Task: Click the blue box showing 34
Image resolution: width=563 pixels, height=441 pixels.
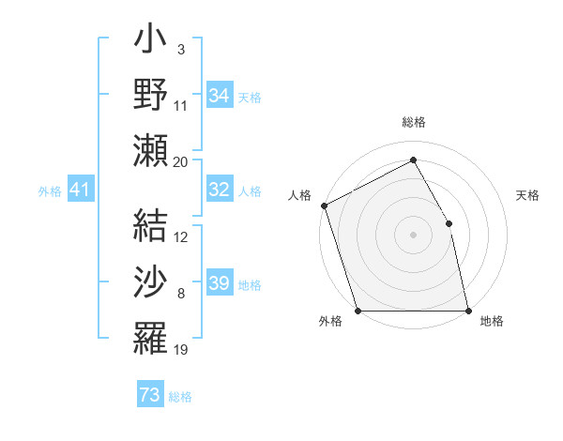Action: [x=220, y=95]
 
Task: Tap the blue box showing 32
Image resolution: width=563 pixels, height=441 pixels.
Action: [x=220, y=190]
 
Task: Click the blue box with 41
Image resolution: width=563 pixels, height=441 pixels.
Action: [x=81, y=190]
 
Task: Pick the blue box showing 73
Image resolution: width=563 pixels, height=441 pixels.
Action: [x=150, y=395]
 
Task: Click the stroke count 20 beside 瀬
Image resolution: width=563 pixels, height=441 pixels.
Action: [x=180, y=161]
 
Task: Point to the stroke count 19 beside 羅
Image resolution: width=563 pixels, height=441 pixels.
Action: [x=180, y=350]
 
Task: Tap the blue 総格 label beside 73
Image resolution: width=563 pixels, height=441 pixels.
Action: [x=181, y=397]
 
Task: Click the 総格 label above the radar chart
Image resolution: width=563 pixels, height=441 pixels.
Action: [x=413, y=122]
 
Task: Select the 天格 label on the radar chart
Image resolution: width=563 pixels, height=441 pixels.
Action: [x=528, y=195]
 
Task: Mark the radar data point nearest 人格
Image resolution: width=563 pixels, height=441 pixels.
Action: [x=324, y=205]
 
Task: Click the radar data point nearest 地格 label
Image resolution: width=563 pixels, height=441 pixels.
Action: [x=468, y=311]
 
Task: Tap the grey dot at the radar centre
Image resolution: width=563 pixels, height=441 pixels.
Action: [x=413, y=234]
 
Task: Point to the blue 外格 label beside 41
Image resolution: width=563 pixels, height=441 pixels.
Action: [x=50, y=191]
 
